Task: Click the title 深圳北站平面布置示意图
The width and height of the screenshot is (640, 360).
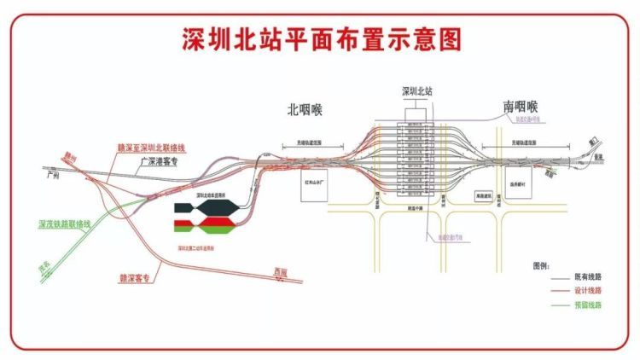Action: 320,39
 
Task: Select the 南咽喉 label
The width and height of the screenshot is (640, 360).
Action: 521,107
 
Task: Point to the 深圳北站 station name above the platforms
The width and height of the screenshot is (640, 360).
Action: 418,90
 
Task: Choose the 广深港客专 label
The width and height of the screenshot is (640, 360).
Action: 151,160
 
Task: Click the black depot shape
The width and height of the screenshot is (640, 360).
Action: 206,209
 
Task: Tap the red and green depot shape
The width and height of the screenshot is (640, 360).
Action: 206,226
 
